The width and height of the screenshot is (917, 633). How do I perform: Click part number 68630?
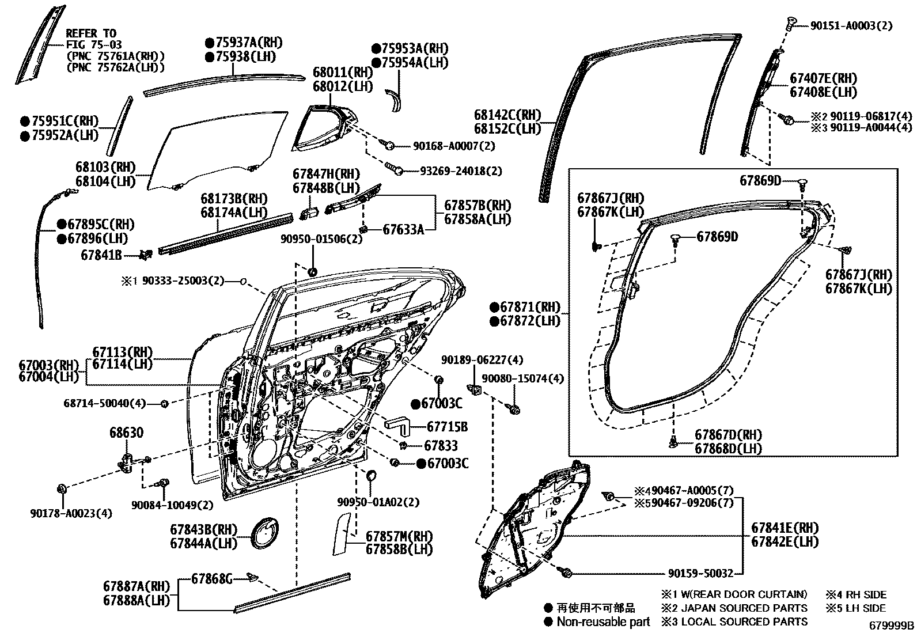tap(126, 433)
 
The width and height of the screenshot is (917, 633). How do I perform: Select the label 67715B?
tap(447, 427)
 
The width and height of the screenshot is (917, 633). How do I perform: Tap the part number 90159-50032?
tap(700, 573)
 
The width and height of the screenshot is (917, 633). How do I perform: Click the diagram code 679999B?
tap(892, 626)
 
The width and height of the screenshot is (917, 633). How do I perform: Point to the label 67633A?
tap(403, 229)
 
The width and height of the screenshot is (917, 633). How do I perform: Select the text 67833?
tap(441, 445)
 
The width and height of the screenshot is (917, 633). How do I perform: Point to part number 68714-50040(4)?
tap(105, 403)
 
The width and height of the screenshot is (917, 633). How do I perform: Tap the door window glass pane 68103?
tap(216, 151)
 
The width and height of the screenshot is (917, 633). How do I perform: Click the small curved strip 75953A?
tap(395, 100)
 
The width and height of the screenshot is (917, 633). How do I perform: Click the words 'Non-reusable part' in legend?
tap(603, 621)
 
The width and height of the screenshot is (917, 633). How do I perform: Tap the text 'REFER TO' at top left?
tap(90, 33)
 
